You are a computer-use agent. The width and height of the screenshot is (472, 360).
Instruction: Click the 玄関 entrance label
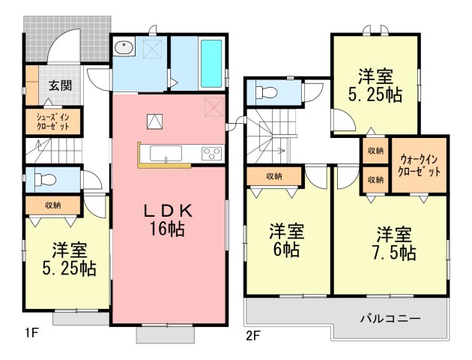(x=61, y=85)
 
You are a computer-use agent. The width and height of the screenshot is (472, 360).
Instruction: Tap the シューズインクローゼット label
(x=53, y=121)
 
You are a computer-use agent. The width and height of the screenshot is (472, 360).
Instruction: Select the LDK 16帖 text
(x=167, y=220)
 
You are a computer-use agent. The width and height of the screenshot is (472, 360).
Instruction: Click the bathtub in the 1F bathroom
(x=211, y=64)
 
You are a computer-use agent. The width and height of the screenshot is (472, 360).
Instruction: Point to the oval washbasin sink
(x=124, y=47)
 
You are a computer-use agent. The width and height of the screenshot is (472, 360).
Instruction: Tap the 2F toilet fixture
(x=266, y=92)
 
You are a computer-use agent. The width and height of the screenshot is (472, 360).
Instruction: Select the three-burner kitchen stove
(x=212, y=153)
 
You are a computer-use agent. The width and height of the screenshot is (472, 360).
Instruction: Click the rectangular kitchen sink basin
(x=166, y=154)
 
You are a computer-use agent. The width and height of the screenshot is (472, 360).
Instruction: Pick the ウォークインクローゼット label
(x=419, y=166)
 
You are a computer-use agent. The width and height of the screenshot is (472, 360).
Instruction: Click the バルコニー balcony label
(x=390, y=318)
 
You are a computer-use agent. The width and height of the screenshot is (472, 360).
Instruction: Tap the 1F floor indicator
(x=31, y=333)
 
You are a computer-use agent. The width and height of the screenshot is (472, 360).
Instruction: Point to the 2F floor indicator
(x=252, y=336)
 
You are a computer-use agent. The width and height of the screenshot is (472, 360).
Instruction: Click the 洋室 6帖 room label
(x=286, y=240)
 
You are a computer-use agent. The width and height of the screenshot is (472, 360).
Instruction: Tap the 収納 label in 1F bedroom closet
(x=53, y=205)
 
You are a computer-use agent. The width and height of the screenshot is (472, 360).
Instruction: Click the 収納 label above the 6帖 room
(x=274, y=176)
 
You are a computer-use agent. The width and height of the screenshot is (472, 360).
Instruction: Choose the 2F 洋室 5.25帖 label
(x=375, y=85)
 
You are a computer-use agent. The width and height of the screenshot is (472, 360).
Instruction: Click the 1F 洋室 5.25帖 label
(x=69, y=259)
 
